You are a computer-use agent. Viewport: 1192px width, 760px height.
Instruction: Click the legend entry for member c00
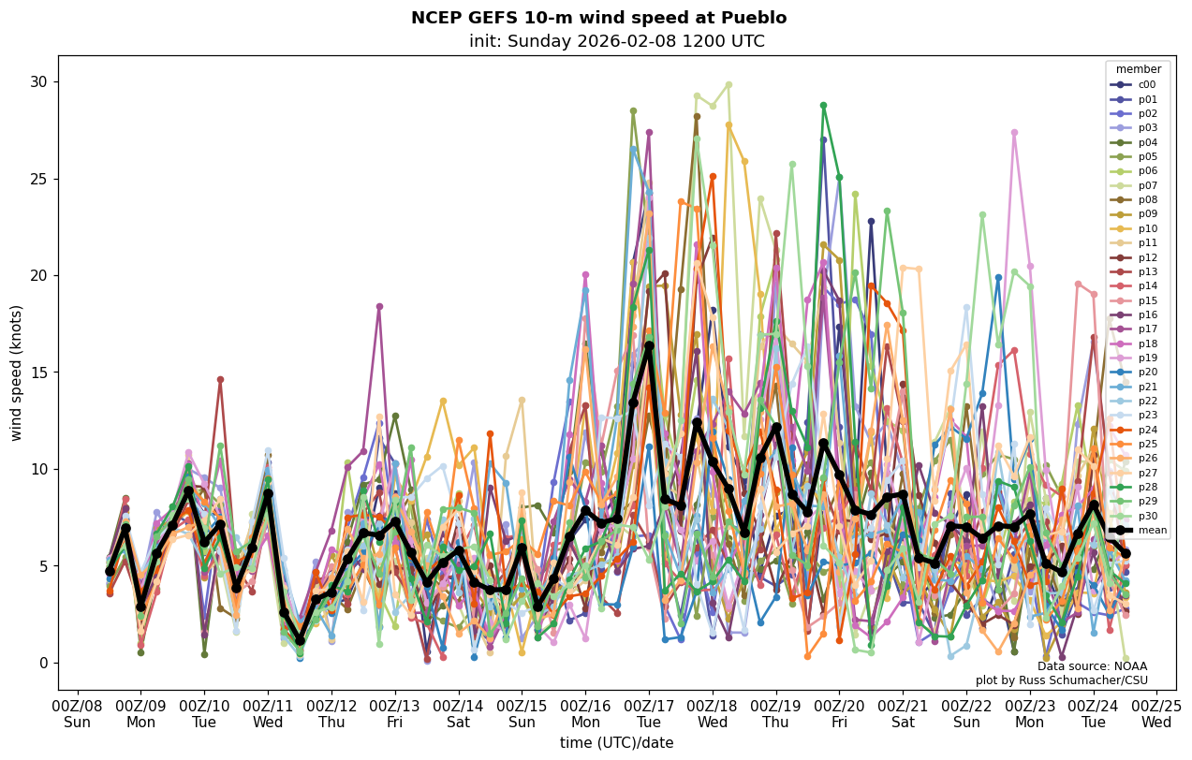pos(1146,84)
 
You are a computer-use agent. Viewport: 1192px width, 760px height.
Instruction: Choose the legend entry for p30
pos(1147,517)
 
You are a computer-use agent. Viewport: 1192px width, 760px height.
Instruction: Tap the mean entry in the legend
pos(1152,531)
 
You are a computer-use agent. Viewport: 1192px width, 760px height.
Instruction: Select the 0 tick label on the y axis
pos(42,663)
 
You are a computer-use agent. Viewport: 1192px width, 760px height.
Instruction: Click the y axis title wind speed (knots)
pos(17,373)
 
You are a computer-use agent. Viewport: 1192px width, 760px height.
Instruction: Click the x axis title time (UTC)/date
pos(616,743)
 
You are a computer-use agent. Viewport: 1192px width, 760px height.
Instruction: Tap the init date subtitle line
pos(616,41)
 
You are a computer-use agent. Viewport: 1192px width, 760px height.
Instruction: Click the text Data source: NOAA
pos(1092,666)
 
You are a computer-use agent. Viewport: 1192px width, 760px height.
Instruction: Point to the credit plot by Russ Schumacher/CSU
pos(1061,680)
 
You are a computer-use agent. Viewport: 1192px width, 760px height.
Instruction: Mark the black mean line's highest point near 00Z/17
pos(649,346)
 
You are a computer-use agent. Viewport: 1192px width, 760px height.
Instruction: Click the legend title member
pos(1139,69)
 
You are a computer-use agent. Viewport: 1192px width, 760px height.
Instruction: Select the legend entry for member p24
pos(1147,431)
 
